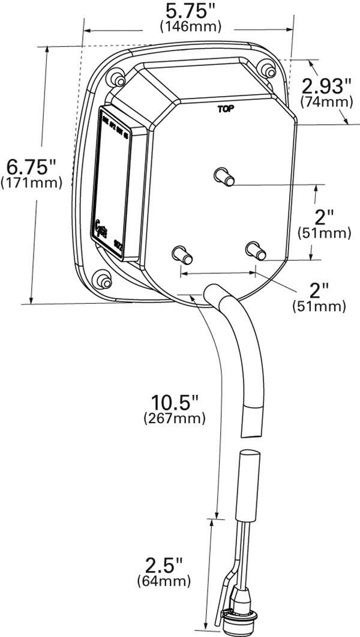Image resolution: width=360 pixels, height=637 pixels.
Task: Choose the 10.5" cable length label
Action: [x=175, y=400]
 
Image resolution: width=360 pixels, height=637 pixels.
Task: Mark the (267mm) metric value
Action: [x=175, y=416]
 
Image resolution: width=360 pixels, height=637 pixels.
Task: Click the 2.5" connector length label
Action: [x=163, y=565]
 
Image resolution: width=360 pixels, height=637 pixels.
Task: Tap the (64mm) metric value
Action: [x=164, y=581]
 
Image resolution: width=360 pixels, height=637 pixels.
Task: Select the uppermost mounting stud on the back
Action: [x=224, y=177]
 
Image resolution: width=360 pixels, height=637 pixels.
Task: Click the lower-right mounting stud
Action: [x=255, y=250]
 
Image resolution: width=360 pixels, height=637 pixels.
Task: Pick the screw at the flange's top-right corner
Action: [x=267, y=70]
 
